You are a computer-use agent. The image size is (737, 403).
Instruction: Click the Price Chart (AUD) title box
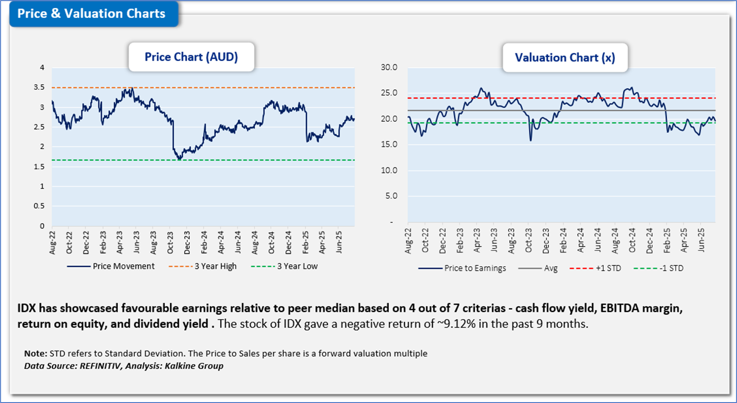point(191,57)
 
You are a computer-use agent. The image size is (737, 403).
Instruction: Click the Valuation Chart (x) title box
point(565,58)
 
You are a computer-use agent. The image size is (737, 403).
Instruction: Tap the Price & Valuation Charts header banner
point(91,14)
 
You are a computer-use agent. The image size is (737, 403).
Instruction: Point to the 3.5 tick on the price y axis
point(39,87)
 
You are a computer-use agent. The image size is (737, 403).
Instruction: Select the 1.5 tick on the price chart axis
point(39,167)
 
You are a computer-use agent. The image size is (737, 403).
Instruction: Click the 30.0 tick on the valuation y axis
point(389,67)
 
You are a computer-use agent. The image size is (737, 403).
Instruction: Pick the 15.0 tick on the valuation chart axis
point(389,144)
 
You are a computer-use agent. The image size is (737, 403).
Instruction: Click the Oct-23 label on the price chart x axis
point(171,242)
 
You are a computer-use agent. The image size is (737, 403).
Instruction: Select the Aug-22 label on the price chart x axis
point(53,242)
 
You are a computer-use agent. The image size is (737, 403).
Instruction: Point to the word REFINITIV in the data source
point(101,366)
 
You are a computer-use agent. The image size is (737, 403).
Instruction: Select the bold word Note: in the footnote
point(36,354)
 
